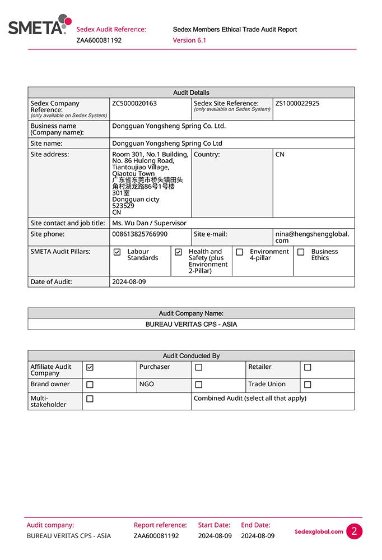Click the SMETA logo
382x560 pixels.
[x=39, y=25]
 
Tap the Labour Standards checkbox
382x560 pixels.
[x=117, y=252]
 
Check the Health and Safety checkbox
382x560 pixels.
[x=178, y=252]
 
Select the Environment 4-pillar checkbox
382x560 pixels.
[x=240, y=252]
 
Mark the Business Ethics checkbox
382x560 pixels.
[x=301, y=252]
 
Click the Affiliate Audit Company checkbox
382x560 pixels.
[x=90, y=367]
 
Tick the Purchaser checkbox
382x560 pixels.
[x=198, y=368]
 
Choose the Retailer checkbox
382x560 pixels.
[x=308, y=368]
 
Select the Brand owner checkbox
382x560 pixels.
[x=90, y=385]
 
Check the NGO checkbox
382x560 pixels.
[x=198, y=385]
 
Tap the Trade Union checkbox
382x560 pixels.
[x=308, y=385]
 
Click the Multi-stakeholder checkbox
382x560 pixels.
[x=90, y=399]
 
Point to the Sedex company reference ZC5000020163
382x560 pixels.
[x=134, y=104]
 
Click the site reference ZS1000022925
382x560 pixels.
[x=297, y=104]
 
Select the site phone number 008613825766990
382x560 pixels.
[x=139, y=234]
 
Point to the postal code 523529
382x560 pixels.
[x=123, y=206]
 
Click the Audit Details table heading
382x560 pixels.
[x=191, y=92]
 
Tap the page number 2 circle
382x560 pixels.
[x=354, y=531]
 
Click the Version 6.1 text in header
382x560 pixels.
[x=189, y=40]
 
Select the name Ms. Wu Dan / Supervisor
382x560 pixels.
[x=149, y=223]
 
